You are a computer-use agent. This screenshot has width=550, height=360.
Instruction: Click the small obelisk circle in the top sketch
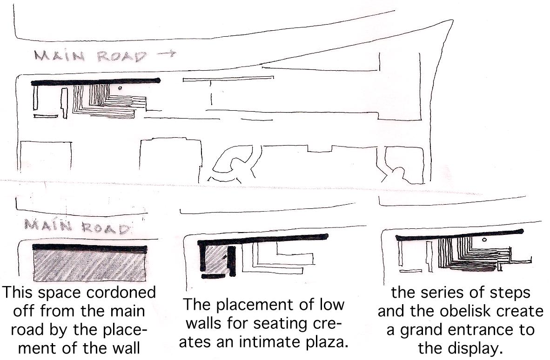tap(121, 87)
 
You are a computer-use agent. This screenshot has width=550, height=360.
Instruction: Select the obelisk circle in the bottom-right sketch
tap(485, 240)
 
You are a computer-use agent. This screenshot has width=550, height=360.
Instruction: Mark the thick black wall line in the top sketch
tap(95, 82)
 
